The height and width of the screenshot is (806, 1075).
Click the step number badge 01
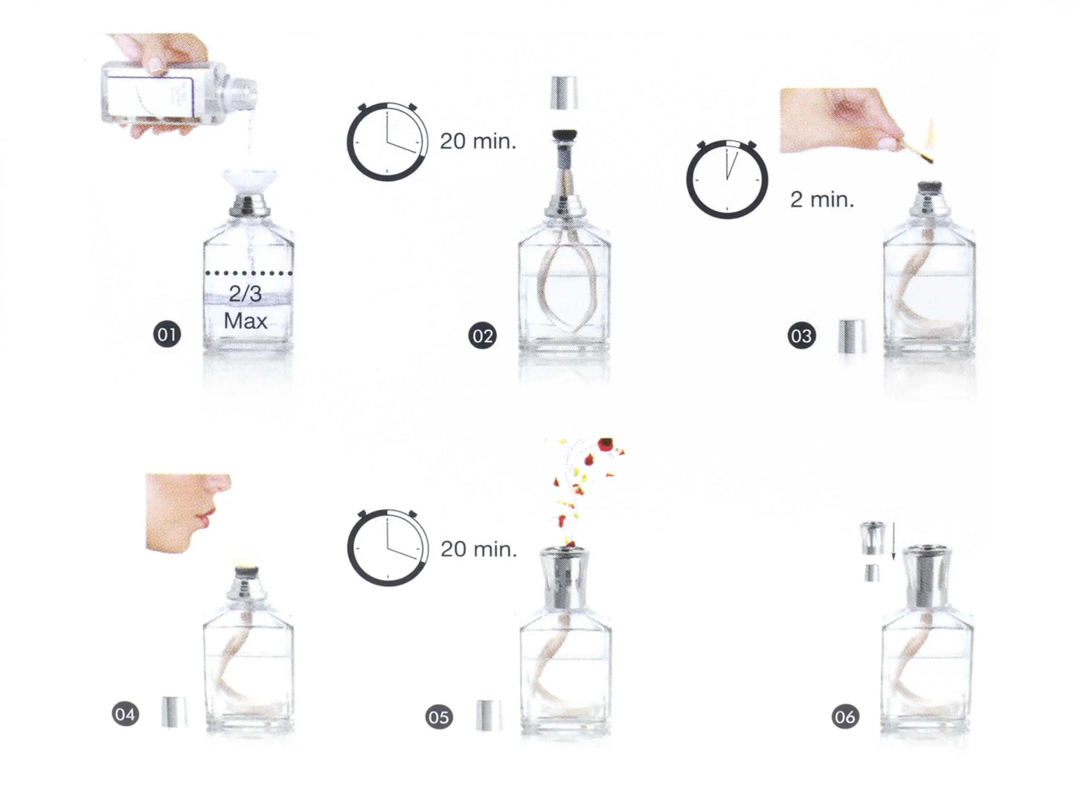(167, 335)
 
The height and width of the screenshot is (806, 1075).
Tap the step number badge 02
(482, 336)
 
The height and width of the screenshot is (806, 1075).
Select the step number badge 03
(802, 336)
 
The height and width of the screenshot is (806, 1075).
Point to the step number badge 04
(125, 715)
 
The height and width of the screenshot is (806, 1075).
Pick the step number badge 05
(439, 717)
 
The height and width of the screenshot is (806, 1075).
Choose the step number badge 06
(845, 717)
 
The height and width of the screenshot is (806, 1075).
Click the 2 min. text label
(822, 199)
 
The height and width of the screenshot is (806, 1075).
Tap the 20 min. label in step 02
(478, 141)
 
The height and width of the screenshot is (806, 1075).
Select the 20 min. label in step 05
(478, 549)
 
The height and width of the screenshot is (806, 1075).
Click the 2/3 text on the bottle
(246, 294)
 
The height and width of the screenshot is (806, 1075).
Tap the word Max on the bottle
(246, 321)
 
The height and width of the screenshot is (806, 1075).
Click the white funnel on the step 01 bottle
(250, 182)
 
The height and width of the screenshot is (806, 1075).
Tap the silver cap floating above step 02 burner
(564, 92)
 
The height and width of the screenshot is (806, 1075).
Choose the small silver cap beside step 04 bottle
(174, 712)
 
